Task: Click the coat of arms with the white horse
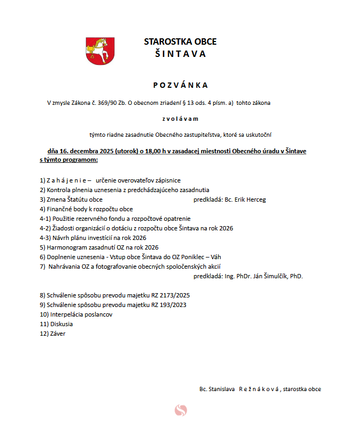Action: [x=100, y=51]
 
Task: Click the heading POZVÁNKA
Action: [x=180, y=85]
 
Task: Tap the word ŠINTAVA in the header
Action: [x=180, y=54]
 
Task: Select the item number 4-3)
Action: [x=46, y=238]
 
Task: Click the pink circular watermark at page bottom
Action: [x=181, y=410]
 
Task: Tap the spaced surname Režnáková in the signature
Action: [x=259, y=389]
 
